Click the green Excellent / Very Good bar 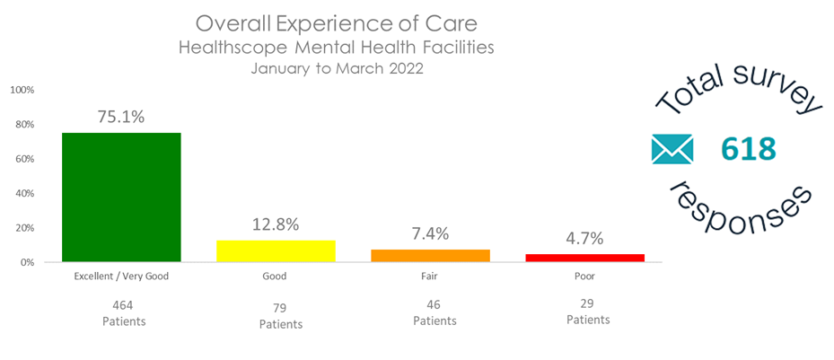click(x=121, y=198)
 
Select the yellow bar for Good click(x=276, y=251)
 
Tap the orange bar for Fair click(x=430, y=256)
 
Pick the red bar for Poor click(x=584, y=258)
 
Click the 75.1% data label click(x=121, y=117)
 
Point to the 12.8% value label click(x=276, y=224)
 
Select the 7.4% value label click(x=430, y=233)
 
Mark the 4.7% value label click(x=584, y=239)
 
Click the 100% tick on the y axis click(x=22, y=91)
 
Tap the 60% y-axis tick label click(x=23, y=160)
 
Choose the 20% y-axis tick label click(x=23, y=228)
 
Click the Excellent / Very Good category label click(x=121, y=277)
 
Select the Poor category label click(x=584, y=277)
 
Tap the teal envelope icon click(x=672, y=149)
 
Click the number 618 click(x=748, y=149)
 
